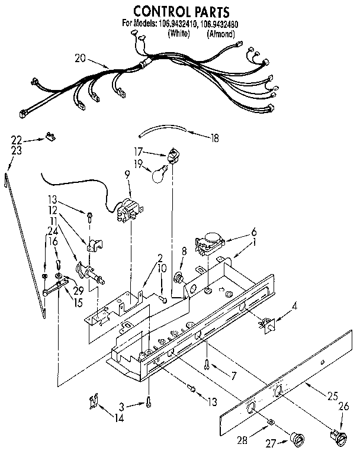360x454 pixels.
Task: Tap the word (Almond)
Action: [x=221, y=34]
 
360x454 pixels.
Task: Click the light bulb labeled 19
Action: [x=158, y=175]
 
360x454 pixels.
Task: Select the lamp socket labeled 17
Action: [x=173, y=156]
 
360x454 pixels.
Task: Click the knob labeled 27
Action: [x=295, y=438]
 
